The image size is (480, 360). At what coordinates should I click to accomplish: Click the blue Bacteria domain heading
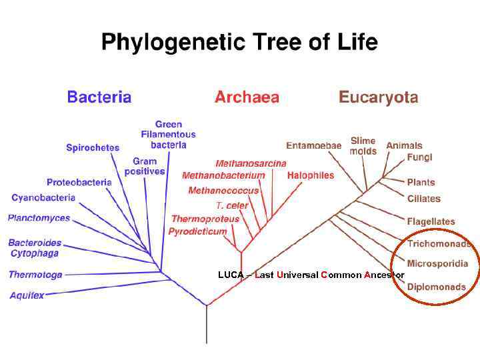click(x=99, y=97)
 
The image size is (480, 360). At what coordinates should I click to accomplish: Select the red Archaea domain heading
click(x=247, y=97)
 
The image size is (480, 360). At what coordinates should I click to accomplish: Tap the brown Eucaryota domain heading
click(x=378, y=97)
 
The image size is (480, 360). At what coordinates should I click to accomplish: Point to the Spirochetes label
click(x=93, y=148)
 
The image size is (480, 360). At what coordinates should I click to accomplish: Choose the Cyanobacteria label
click(x=43, y=198)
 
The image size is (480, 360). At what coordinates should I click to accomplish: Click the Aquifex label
click(x=27, y=295)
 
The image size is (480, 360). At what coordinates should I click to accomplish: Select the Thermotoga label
click(x=35, y=275)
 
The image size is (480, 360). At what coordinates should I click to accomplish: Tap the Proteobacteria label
click(x=79, y=182)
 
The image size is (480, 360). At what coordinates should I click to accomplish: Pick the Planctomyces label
click(x=39, y=218)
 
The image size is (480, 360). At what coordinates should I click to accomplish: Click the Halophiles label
click(x=311, y=175)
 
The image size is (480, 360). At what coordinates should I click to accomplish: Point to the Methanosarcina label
click(x=251, y=163)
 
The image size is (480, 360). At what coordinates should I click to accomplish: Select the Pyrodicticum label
click(x=197, y=231)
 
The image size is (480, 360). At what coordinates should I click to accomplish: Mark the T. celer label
click(x=232, y=205)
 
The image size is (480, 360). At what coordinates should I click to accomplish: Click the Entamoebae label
click(x=313, y=145)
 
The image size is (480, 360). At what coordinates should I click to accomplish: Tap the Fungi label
click(x=420, y=158)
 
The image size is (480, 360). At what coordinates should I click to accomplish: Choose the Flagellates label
click(x=431, y=221)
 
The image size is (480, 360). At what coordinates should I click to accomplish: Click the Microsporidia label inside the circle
click(x=437, y=263)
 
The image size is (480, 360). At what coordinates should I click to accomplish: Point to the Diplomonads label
click(x=437, y=287)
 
